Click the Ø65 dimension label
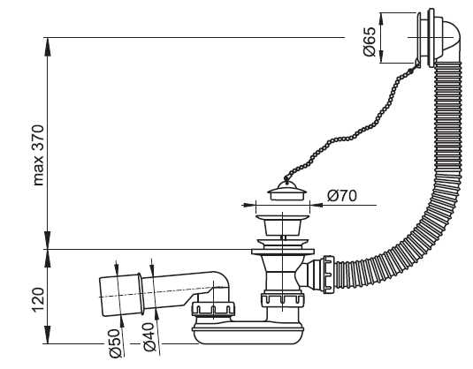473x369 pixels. click(370, 41)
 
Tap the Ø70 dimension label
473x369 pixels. click(342, 196)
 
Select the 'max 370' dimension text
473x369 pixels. click(39, 155)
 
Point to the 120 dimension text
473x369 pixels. click(38, 300)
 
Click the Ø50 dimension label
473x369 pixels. click(115, 343)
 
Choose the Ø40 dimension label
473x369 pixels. click(150, 336)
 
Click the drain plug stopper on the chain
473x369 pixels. click(287, 191)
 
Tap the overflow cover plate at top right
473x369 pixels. click(426, 37)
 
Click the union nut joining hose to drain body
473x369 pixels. click(329, 275)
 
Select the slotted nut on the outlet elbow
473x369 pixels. click(213, 308)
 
